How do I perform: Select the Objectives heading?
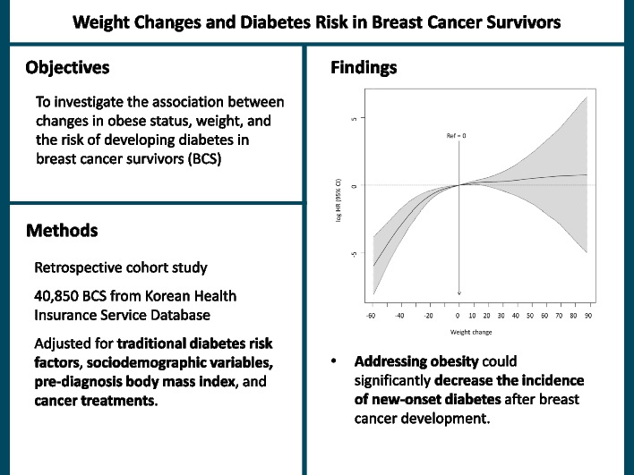point(68,67)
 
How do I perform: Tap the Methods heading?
point(62,231)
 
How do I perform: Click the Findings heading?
point(364,67)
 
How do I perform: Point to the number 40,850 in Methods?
point(59,295)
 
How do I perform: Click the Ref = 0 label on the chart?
point(457,135)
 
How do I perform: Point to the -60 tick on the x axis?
point(371,316)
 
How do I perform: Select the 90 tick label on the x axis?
point(587,316)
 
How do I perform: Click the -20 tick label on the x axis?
point(428,316)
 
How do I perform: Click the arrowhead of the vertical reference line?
point(458,291)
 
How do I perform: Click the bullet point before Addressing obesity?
point(334,362)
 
